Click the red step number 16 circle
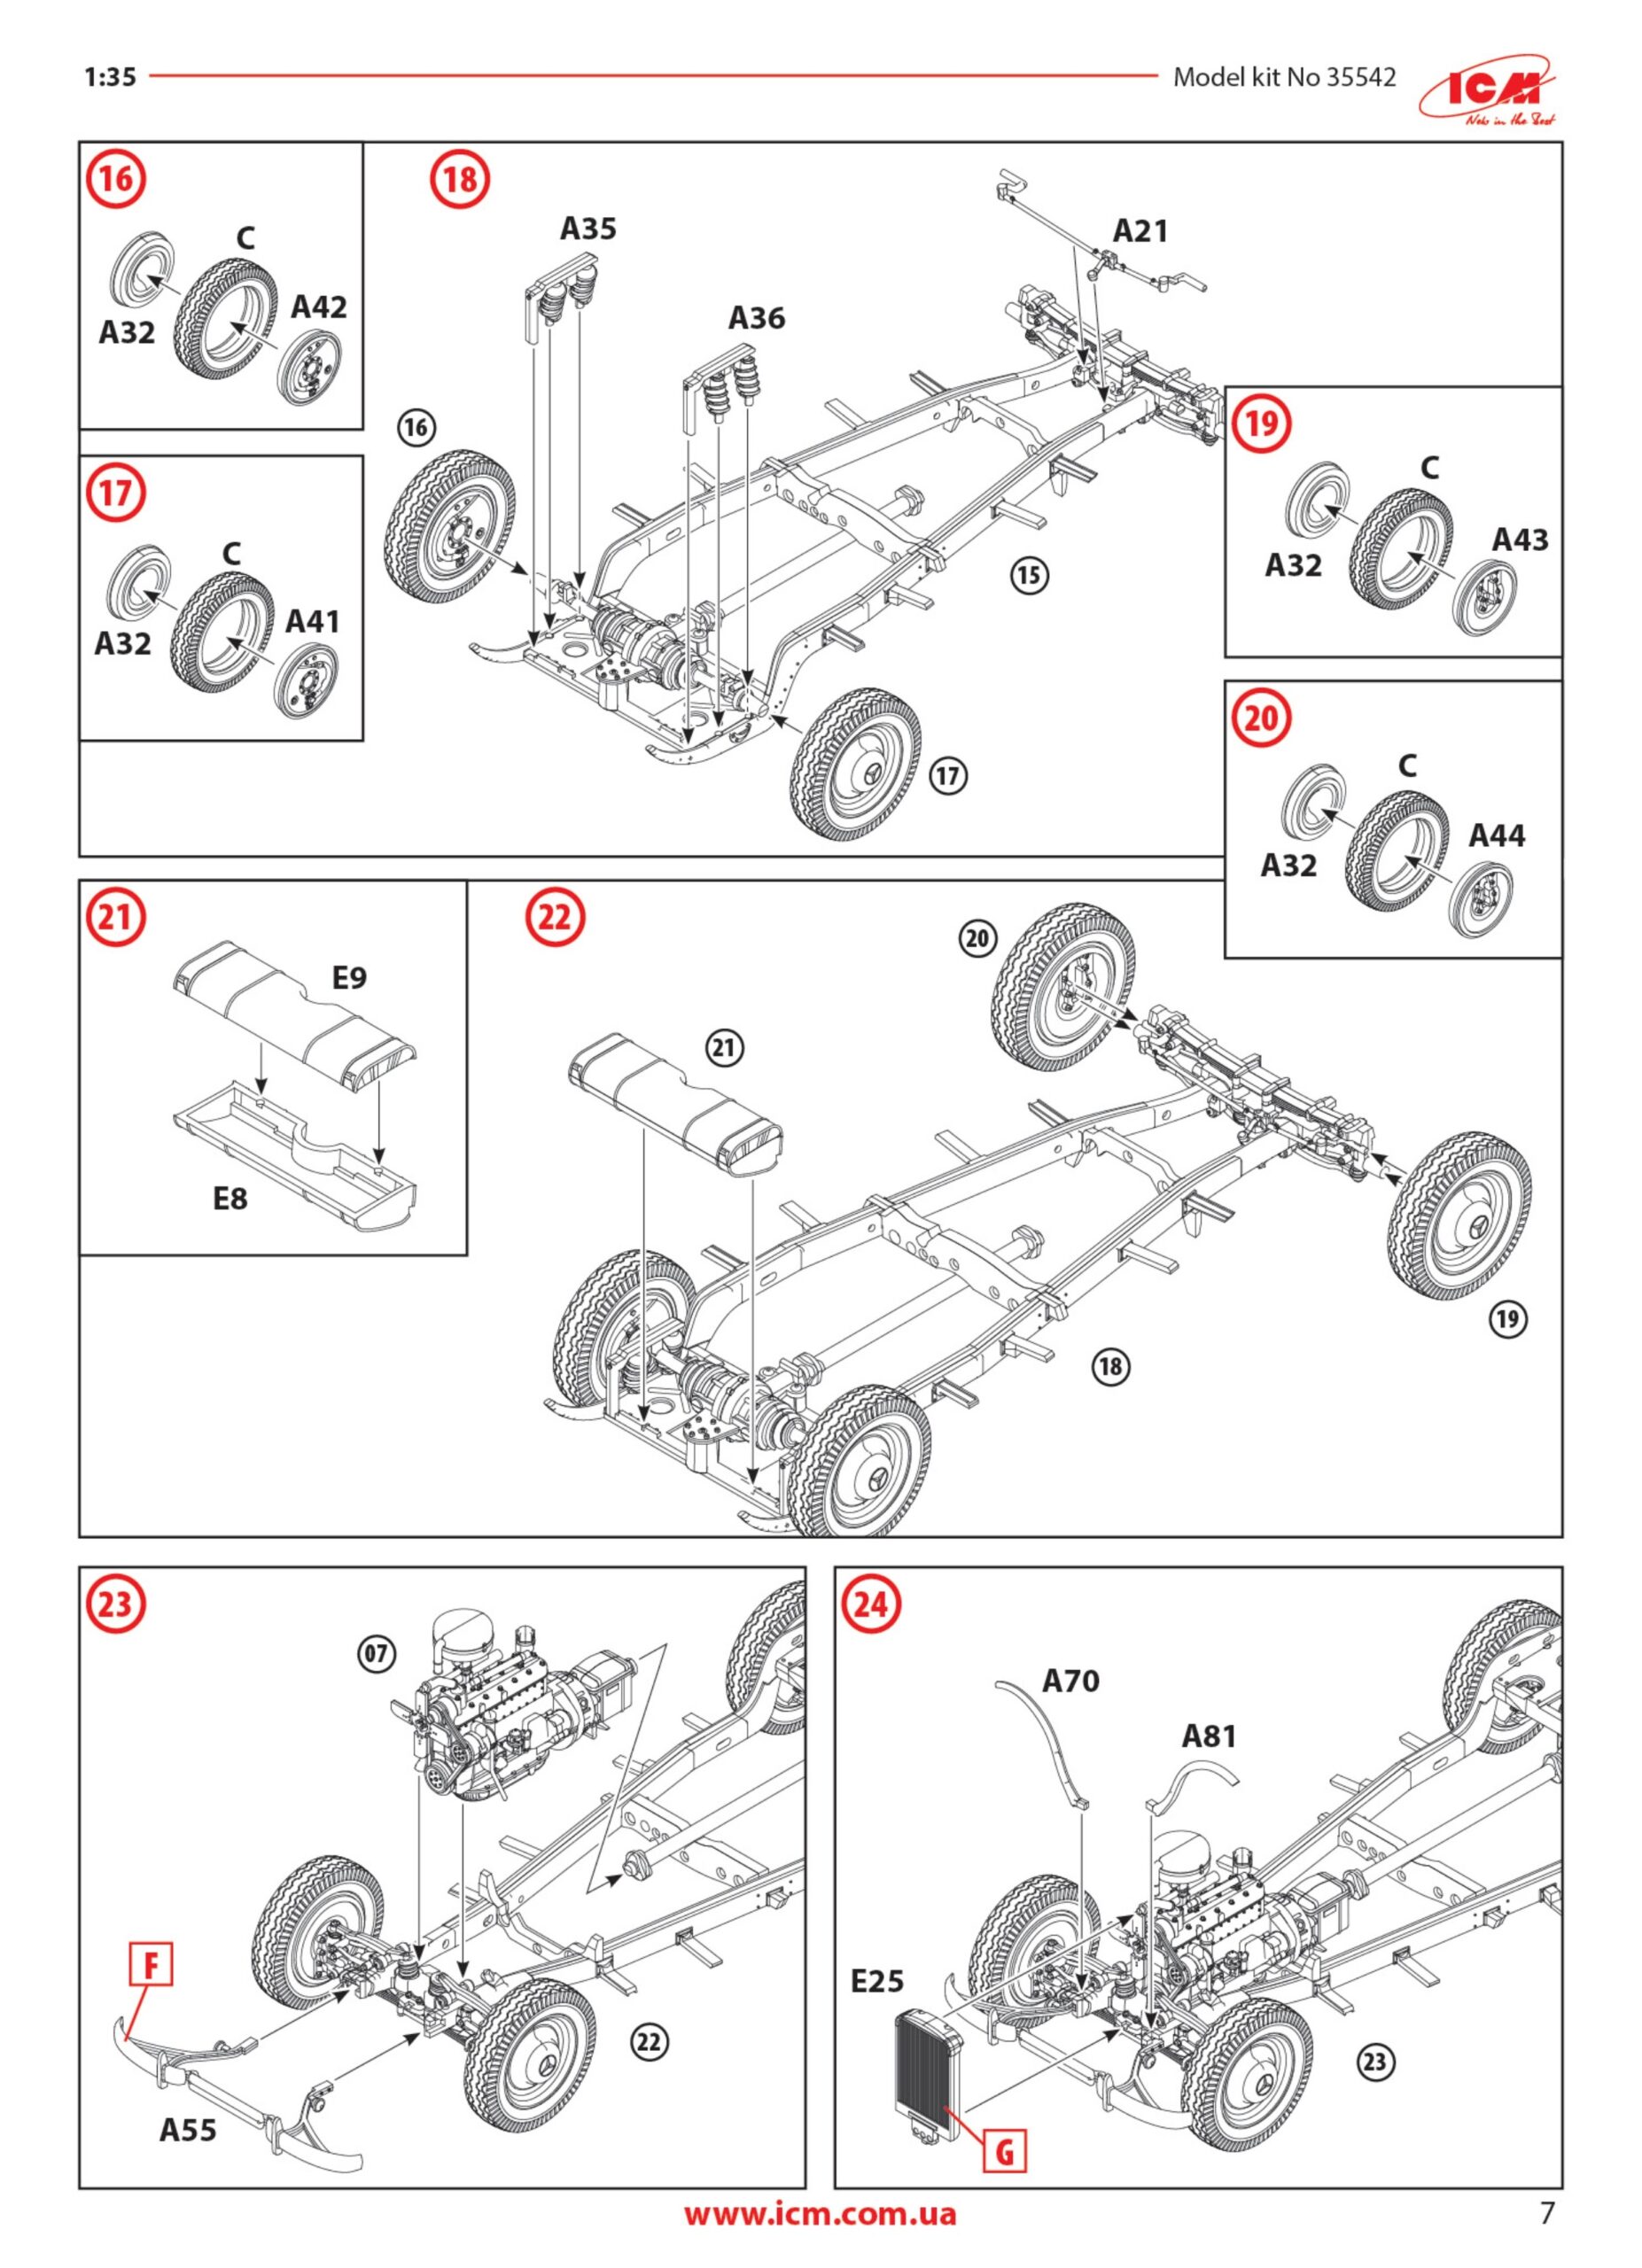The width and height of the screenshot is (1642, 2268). (117, 181)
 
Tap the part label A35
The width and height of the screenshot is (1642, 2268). (588, 229)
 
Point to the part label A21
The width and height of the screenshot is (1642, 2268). (1140, 231)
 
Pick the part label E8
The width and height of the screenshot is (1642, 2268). (230, 1198)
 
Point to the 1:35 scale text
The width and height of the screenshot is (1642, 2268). (110, 77)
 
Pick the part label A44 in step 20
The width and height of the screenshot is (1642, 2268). (1496, 835)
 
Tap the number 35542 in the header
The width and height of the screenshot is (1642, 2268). (1361, 77)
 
